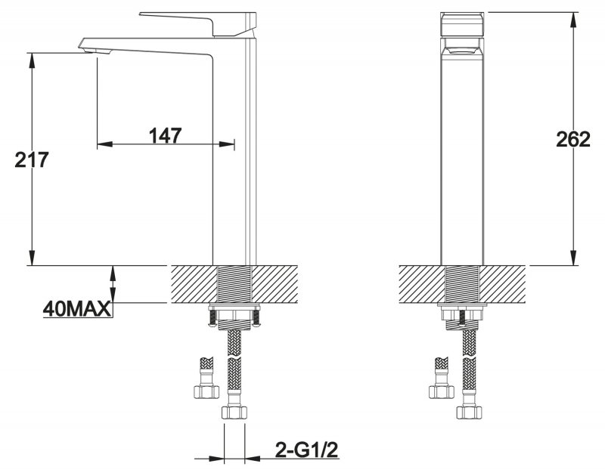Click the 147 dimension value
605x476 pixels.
pyautogui.click(x=165, y=135)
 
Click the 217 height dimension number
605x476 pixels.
pyautogui.click(x=32, y=159)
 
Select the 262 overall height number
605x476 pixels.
pyautogui.click(x=573, y=139)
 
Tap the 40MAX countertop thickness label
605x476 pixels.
pyautogui.click(x=77, y=309)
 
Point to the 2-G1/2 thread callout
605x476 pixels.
pyautogui.click(x=307, y=450)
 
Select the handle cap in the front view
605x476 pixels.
pyautogui.click(x=462, y=24)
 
